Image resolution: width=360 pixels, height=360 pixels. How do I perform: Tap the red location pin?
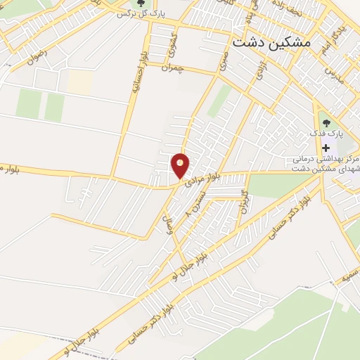[181, 165]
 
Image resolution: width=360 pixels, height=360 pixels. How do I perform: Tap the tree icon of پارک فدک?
[325, 117]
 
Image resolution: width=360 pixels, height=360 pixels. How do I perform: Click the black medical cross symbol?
[326, 148]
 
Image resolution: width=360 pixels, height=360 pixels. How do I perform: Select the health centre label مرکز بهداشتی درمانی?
[326, 160]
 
